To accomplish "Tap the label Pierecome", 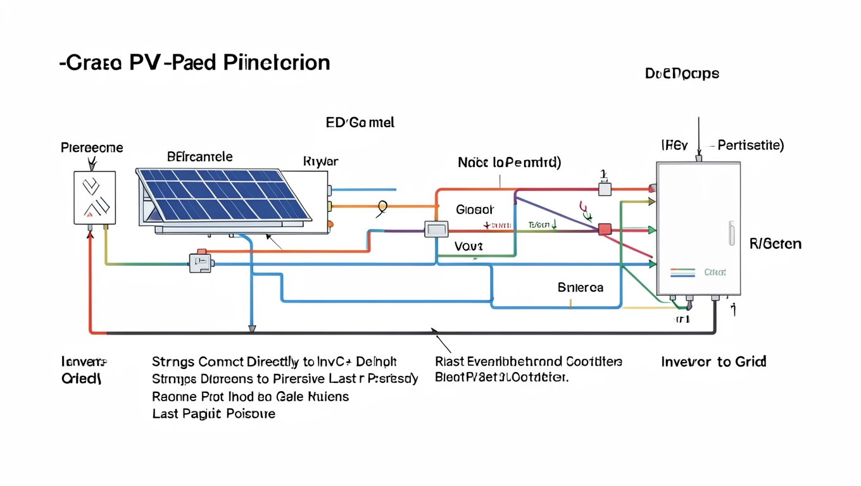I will coord(92,148).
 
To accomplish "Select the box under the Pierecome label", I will coord(95,197).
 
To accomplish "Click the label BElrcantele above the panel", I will coord(199,156).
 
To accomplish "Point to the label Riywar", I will coord(320,162).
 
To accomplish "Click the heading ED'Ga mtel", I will coord(360,123).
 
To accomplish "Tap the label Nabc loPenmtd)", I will coord(509,163).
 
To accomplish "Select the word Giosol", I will coord(475,209).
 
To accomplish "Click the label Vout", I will coord(468,246).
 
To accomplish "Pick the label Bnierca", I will coord(580,287).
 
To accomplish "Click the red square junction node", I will coord(605,229).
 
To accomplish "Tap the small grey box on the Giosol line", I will coord(436,229).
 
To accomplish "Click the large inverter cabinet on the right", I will coord(698,228).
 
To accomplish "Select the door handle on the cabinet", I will coord(731,233).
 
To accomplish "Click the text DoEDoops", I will coord(682,74).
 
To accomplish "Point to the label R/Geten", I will coord(775,244).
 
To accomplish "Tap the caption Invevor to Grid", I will coord(713,362).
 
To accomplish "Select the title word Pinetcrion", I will coord(277,63).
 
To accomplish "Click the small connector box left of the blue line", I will coord(201,263).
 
